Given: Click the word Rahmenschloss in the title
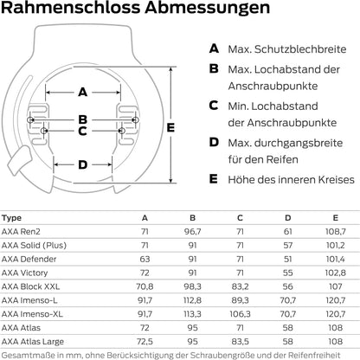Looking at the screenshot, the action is [71, 7].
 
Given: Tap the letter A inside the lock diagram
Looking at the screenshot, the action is [83, 93].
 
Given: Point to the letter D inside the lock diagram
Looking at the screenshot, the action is [83, 164].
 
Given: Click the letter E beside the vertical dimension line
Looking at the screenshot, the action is [170, 127].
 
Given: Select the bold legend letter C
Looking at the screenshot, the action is [214, 106].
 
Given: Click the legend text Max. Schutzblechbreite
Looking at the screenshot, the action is [287, 49].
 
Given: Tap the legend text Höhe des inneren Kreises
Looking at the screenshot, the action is [291, 179].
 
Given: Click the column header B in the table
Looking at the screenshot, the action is [193, 218].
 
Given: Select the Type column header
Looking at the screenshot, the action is [11, 218].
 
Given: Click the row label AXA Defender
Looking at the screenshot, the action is [29, 259].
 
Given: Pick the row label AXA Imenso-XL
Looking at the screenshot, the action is [32, 314].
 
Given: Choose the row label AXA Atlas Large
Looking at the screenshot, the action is [33, 342].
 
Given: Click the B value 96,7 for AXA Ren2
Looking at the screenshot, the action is [193, 232].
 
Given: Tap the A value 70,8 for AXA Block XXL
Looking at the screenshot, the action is [145, 286].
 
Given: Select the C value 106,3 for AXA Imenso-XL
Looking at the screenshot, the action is [240, 314].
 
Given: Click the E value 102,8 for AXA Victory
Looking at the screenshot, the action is [336, 273].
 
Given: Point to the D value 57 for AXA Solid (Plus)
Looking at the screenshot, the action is [288, 246].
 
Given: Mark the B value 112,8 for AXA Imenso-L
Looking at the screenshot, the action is [192, 300].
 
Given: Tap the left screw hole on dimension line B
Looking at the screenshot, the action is [30, 119].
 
